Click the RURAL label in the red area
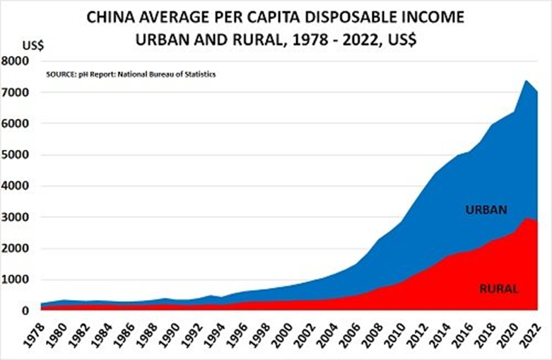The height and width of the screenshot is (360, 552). pyautogui.click(x=499, y=289)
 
